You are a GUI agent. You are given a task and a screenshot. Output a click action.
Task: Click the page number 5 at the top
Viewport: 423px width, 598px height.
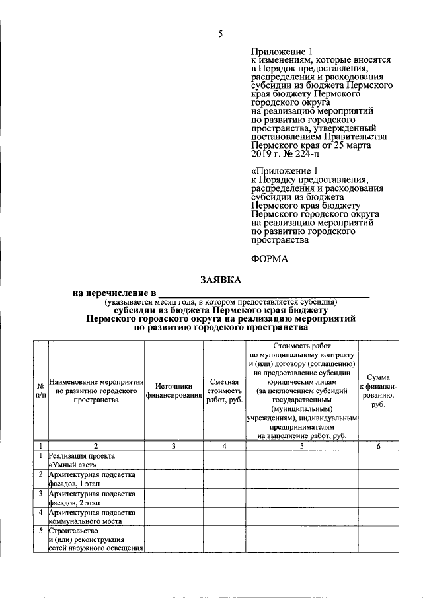pos(221,35)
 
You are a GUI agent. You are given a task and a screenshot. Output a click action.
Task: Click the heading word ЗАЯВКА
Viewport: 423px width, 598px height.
pos(221,280)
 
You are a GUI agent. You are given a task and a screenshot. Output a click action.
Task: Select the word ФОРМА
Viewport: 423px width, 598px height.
pos(270,259)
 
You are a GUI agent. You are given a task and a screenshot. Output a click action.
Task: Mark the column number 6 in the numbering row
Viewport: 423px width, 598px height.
pos(378,447)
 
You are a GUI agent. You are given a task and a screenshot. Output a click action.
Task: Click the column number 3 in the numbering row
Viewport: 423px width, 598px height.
pos(174,447)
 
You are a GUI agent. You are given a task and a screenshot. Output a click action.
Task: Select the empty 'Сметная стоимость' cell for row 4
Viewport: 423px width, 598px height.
pos(225,517)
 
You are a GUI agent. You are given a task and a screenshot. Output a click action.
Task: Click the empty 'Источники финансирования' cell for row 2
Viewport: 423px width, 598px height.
pos(174,479)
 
